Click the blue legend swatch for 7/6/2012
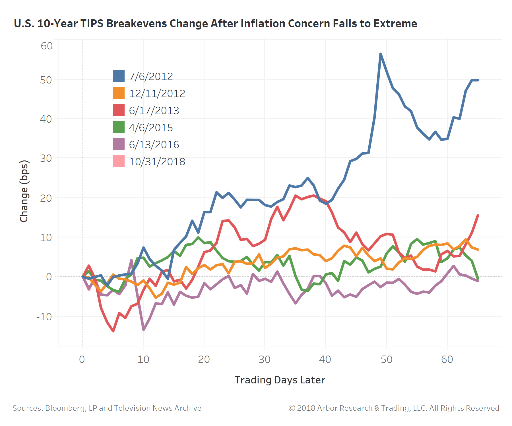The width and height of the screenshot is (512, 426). pyautogui.click(x=118, y=76)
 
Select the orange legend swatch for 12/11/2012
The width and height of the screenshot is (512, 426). pyautogui.click(x=118, y=93)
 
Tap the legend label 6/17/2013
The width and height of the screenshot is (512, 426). pyautogui.click(x=154, y=110)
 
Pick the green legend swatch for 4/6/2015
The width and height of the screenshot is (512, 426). pyautogui.click(x=118, y=127)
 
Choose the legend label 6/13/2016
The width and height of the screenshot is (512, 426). pyautogui.click(x=154, y=145)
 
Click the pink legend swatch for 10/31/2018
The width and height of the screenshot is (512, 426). pyautogui.click(x=118, y=161)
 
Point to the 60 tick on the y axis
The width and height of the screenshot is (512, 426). pyautogui.click(x=47, y=46)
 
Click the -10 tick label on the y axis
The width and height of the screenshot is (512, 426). pyautogui.click(x=44, y=316)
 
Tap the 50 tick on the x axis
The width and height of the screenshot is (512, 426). pyautogui.click(x=386, y=360)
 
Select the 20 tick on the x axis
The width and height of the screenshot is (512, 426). pyautogui.click(x=204, y=360)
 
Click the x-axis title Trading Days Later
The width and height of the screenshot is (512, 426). pyautogui.click(x=280, y=380)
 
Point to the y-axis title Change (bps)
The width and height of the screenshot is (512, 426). pyautogui.click(x=24, y=191)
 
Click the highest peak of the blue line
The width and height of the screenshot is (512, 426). pyautogui.click(x=380, y=54)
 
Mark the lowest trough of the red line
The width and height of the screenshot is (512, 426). pyautogui.click(x=113, y=331)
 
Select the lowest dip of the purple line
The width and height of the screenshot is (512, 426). pyautogui.click(x=143, y=330)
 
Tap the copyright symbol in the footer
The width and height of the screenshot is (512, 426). pyautogui.click(x=292, y=408)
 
